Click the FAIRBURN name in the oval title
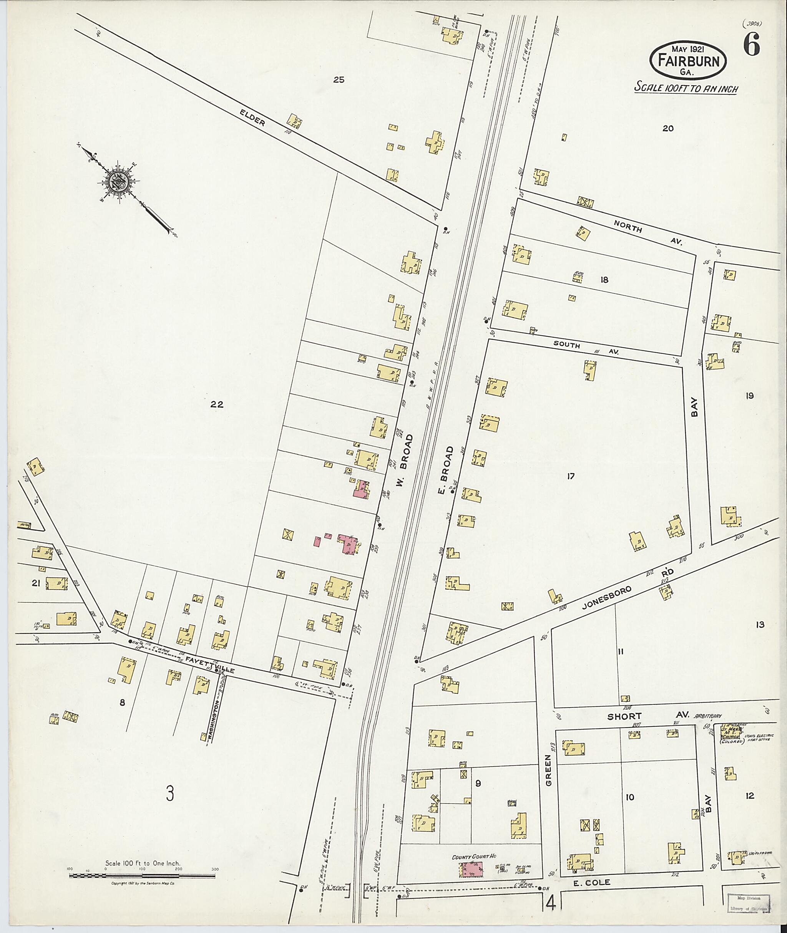click(x=687, y=61)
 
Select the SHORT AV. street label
click(x=646, y=718)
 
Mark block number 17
click(x=570, y=476)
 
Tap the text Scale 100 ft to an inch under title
click(x=686, y=88)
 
